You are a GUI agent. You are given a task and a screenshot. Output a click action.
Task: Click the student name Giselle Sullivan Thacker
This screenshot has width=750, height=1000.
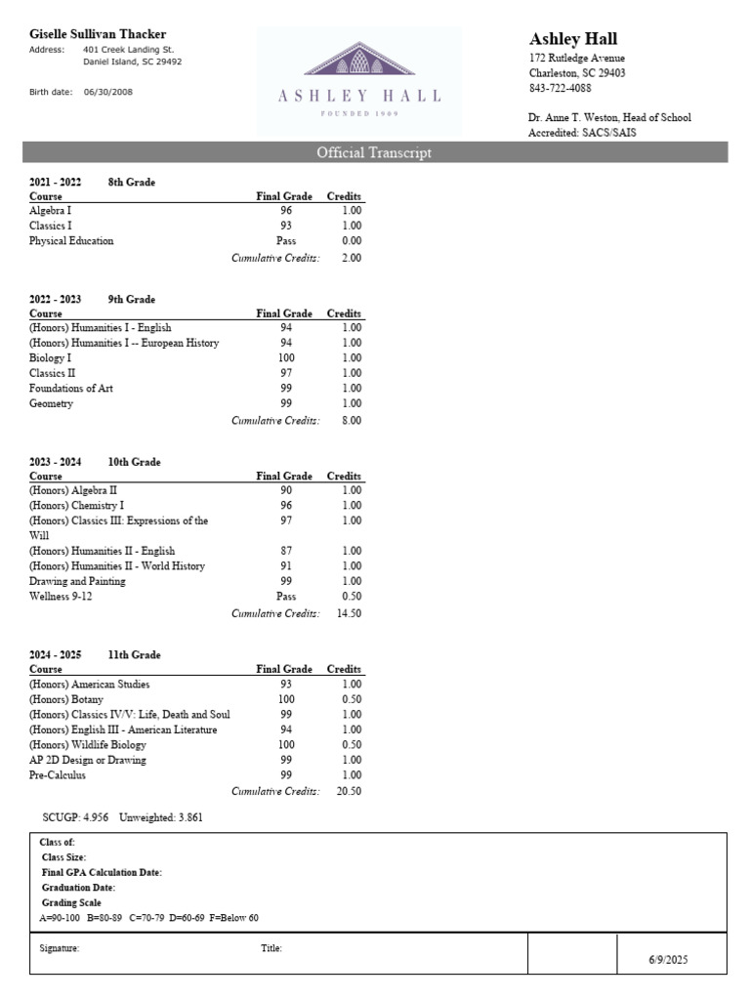click(x=98, y=34)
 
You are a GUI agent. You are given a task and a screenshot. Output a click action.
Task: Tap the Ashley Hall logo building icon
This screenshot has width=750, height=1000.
click(x=358, y=59)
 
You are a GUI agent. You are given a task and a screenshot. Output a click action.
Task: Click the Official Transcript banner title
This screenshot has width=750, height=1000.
click(x=374, y=152)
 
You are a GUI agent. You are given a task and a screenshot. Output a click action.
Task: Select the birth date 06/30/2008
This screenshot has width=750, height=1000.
click(x=107, y=92)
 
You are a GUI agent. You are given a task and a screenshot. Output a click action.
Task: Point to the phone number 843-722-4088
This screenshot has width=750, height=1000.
click(x=561, y=88)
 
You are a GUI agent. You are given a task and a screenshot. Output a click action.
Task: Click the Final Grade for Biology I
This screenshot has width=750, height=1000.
click(x=286, y=358)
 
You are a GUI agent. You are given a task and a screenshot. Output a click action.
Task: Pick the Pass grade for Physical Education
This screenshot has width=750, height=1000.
click(x=286, y=240)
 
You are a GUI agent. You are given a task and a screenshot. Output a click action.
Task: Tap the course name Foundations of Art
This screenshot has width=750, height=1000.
click(x=71, y=389)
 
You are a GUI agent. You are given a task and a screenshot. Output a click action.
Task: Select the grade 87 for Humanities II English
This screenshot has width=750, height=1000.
click(x=286, y=551)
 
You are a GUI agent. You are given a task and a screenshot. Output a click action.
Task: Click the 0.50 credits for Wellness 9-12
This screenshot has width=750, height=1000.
click(x=350, y=596)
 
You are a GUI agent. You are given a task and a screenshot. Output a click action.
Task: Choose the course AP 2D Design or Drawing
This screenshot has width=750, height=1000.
click(x=88, y=760)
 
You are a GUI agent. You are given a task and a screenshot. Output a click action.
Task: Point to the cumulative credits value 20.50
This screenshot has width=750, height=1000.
click(x=349, y=791)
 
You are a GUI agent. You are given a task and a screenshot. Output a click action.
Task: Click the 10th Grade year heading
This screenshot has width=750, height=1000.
click(x=135, y=462)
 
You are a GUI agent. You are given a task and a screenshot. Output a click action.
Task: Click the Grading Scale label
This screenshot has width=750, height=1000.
click(x=71, y=903)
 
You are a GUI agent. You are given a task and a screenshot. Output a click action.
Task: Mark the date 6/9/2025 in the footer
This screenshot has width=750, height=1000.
click(x=669, y=960)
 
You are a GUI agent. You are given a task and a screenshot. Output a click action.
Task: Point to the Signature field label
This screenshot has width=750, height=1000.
click(x=60, y=948)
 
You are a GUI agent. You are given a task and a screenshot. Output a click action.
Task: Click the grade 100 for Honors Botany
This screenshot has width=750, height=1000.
click(x=286, y=699)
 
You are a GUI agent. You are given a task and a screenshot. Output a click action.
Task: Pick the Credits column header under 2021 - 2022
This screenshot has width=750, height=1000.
click(x=344, y=196)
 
